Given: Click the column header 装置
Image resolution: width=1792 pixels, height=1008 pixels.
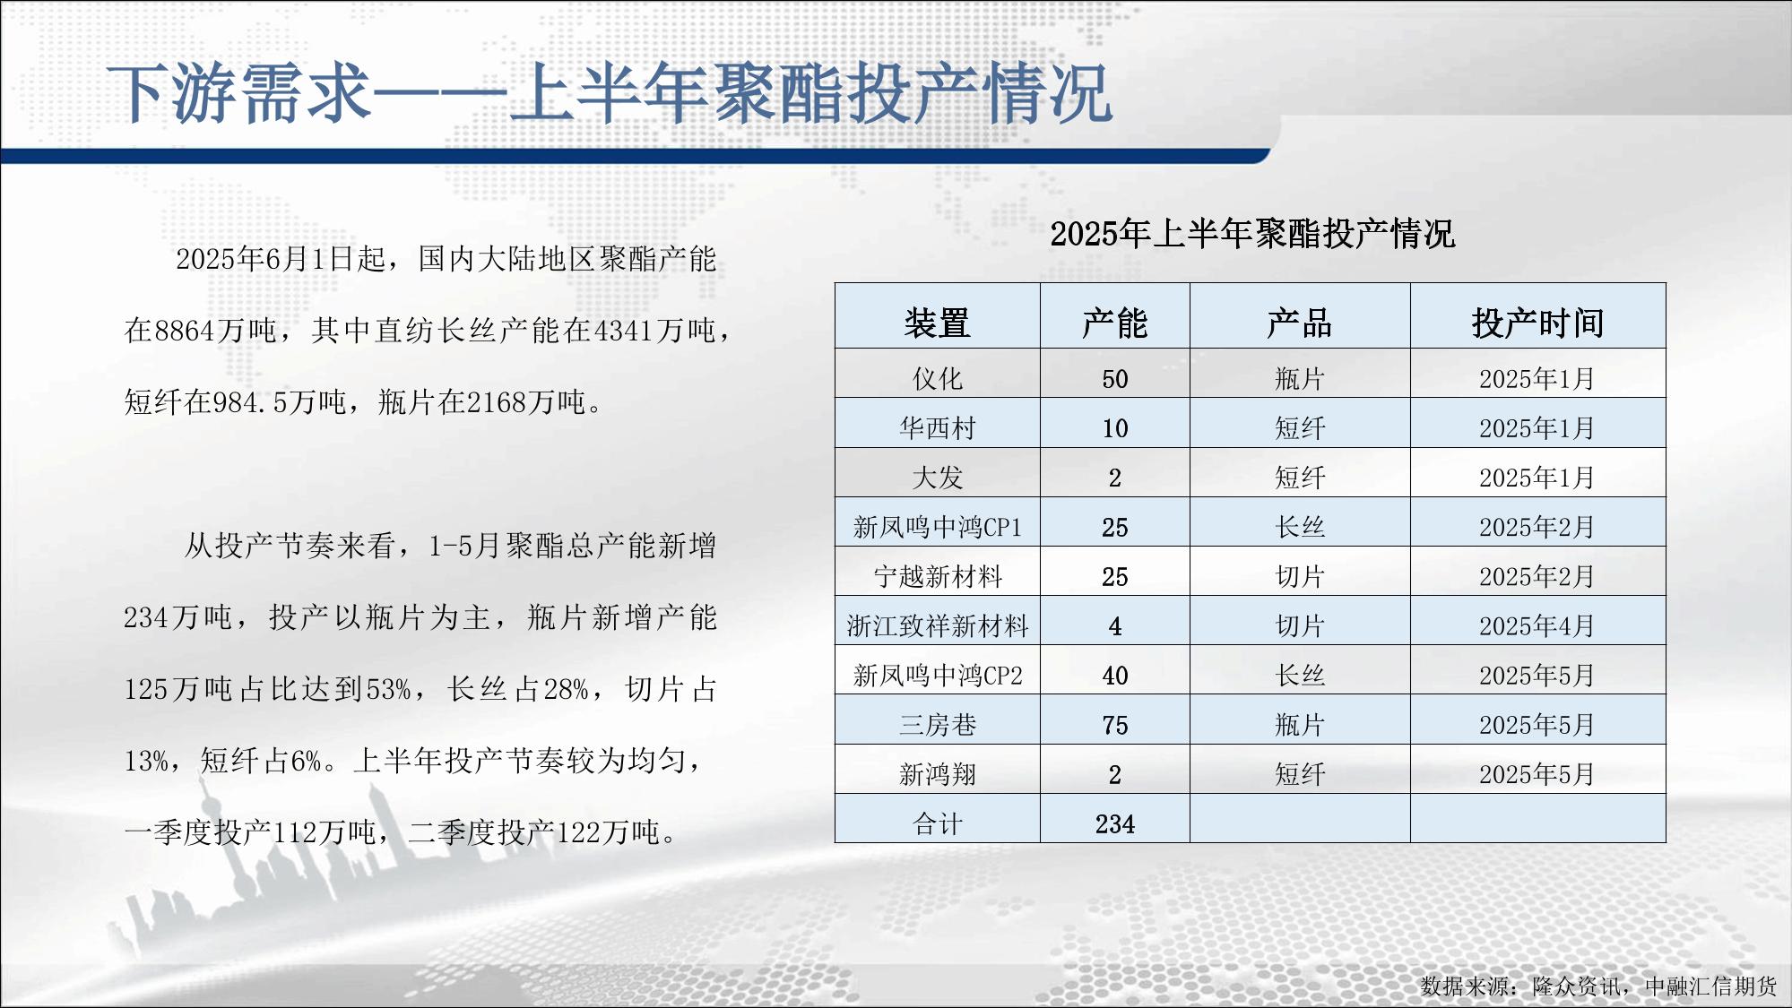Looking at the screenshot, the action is [937, 323].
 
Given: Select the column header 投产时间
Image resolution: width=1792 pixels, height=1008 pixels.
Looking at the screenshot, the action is [1537, 323].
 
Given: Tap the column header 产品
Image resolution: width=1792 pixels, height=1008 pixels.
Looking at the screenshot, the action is [1299, 323].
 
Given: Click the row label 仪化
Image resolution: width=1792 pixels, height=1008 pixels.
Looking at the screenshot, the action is [937, 379].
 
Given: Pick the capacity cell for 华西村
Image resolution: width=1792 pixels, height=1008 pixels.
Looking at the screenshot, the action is [1114, 428].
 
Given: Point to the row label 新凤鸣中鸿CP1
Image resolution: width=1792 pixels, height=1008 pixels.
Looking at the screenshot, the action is [937, 527].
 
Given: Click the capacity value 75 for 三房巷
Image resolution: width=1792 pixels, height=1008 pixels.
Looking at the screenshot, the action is [1114, 725].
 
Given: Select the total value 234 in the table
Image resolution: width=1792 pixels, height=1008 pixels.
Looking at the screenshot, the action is [1114, 823].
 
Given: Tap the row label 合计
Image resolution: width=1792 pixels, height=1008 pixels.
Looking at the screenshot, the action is [937, 823].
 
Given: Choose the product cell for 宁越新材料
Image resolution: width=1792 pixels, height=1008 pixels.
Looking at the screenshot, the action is [1299, 576].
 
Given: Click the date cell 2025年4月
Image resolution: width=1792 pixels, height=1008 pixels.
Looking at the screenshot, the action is [1537, 625].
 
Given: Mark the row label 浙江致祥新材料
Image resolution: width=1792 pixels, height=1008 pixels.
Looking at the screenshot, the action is [937, 625].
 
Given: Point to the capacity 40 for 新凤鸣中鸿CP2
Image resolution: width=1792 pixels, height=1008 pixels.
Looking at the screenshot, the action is [1114, 676].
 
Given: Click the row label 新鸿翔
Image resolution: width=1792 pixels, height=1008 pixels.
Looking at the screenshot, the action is [937, 774].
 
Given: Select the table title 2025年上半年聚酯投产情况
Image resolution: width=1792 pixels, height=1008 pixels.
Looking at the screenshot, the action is [1252, 234].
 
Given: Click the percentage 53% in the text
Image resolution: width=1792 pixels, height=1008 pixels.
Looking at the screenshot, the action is [388, 689].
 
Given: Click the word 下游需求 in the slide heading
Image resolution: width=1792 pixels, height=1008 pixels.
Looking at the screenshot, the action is [238, 94].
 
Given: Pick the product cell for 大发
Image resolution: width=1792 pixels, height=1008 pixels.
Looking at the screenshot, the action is [1299, 478].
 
